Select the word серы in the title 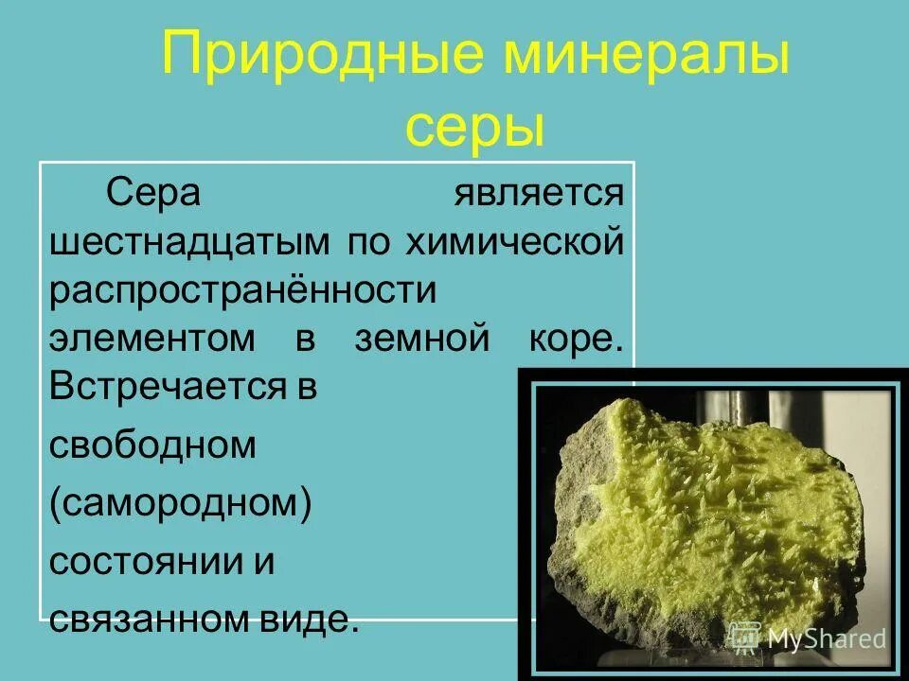(x=475, y=130)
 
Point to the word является (x=539, y=193)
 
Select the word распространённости (x=242, y=290)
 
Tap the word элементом (x=152, y=340)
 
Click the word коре (x=572, y=340)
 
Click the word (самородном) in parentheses (x=180, y=502)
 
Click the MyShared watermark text (x=827, y=637)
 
